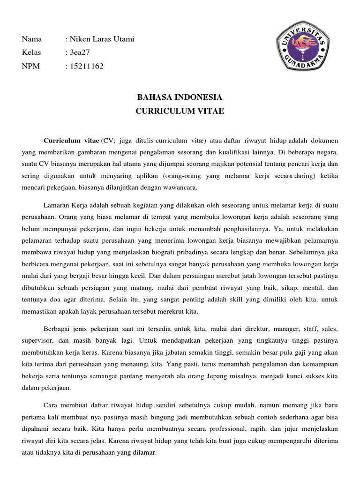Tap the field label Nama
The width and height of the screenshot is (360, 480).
tap(31, 39)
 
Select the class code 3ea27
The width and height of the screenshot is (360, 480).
tap(80, 52)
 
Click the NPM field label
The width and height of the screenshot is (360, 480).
tap(31, 66)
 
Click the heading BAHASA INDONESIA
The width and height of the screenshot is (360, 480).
tap(180, 98)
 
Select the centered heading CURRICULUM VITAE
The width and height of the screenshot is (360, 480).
tap(180, 112)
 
